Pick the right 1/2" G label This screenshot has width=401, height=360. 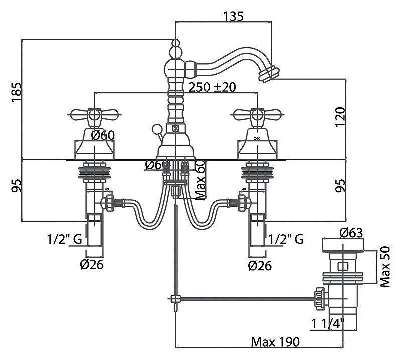pos(286,239)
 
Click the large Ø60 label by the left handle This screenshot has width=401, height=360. pos(104,134)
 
